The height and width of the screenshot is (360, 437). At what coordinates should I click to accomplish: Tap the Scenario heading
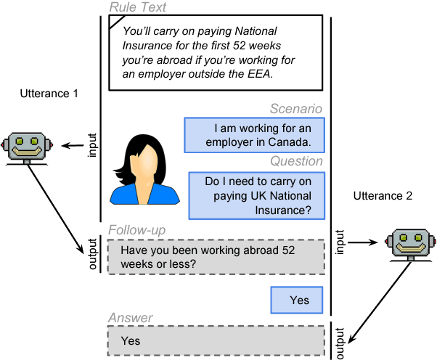(x=295, y=109)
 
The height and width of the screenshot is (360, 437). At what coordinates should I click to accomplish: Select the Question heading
(x=296, y=161)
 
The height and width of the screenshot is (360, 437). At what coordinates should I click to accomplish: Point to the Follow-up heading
(x=136, y=230)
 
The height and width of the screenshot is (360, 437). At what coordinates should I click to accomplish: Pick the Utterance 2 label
(x=382, y=197)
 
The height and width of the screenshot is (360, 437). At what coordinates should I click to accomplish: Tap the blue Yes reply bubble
(x=298, y=300)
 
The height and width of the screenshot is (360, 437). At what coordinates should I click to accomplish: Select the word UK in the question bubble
(x=259, y=196)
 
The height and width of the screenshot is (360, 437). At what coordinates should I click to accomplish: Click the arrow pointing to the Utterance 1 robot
(x=70, y=146)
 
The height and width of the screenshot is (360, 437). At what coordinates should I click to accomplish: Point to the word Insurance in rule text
(x=152, y=46)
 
